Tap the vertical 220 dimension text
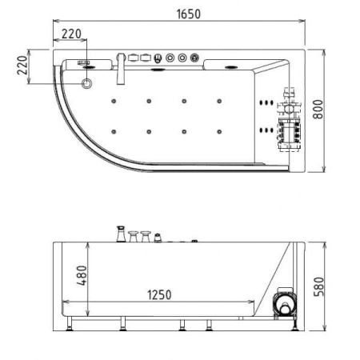[23, 65]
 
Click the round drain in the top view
[87, 82]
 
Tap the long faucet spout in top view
[119, 70]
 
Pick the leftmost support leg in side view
[73, 324]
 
